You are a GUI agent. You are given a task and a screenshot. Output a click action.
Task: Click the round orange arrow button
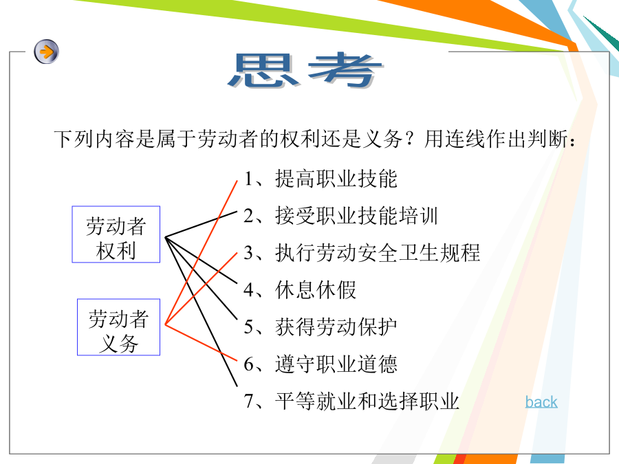(46, 52)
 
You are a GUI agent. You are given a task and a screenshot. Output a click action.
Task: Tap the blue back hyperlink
(541, 402)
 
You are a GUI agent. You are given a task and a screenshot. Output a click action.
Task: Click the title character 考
(345, 70)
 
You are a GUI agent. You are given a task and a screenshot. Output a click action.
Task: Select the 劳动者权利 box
(116, 234)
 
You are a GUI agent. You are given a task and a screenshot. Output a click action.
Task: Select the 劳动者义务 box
(118, 327)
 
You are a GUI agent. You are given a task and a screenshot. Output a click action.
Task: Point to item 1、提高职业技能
(321, 179)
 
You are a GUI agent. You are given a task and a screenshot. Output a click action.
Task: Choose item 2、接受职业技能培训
(341, 216)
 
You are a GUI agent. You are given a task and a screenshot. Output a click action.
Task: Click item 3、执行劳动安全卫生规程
(362, 253)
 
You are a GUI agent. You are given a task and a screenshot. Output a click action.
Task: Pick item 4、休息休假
(300, 290)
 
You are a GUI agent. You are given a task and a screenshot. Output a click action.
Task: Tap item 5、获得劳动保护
(321, 327)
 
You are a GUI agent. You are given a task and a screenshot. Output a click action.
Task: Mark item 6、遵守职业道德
(321, 364)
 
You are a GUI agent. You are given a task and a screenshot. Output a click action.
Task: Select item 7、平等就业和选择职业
(351, 401)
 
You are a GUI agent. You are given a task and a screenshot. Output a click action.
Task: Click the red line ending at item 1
(202, 252)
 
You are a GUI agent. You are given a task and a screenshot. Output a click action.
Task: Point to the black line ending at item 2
(201, 224)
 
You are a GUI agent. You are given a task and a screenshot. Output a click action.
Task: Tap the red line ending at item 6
(201, 342)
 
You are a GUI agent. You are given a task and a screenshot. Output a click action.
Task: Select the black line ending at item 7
(201, 311)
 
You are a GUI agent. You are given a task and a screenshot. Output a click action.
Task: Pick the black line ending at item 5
(201, 278)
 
